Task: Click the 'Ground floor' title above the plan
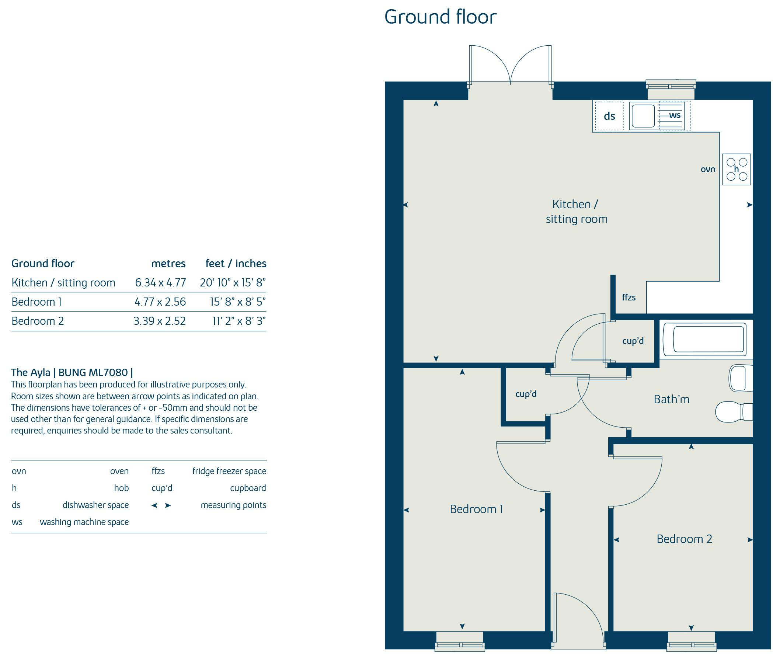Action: [x=440, y=17]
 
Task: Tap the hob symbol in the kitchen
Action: [x=736, y=169]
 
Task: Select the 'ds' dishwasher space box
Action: [x=609, y=116]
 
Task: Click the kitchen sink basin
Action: [x=643, y=116]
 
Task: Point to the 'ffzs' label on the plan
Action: [x=629, y=298]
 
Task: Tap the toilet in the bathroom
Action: [x=734, y=411]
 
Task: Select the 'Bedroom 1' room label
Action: [x=476, y=509]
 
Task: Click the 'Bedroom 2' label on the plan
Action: [x=684, y=539]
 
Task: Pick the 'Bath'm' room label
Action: [x=671, y=399]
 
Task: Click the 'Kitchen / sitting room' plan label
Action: [x=577, y=212]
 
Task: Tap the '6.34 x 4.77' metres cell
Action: [x=160, y=282]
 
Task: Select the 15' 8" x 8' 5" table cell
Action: [x=238, y=302]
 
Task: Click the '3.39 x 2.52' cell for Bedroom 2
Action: [x=159, y=321]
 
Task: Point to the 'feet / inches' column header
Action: [x=236, y=264]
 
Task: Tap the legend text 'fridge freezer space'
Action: [x=229, y=471]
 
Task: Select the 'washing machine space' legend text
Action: [x=84, y=522]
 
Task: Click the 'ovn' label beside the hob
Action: [x=708, y=170]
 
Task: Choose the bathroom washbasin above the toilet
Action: [x=741, y=378]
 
